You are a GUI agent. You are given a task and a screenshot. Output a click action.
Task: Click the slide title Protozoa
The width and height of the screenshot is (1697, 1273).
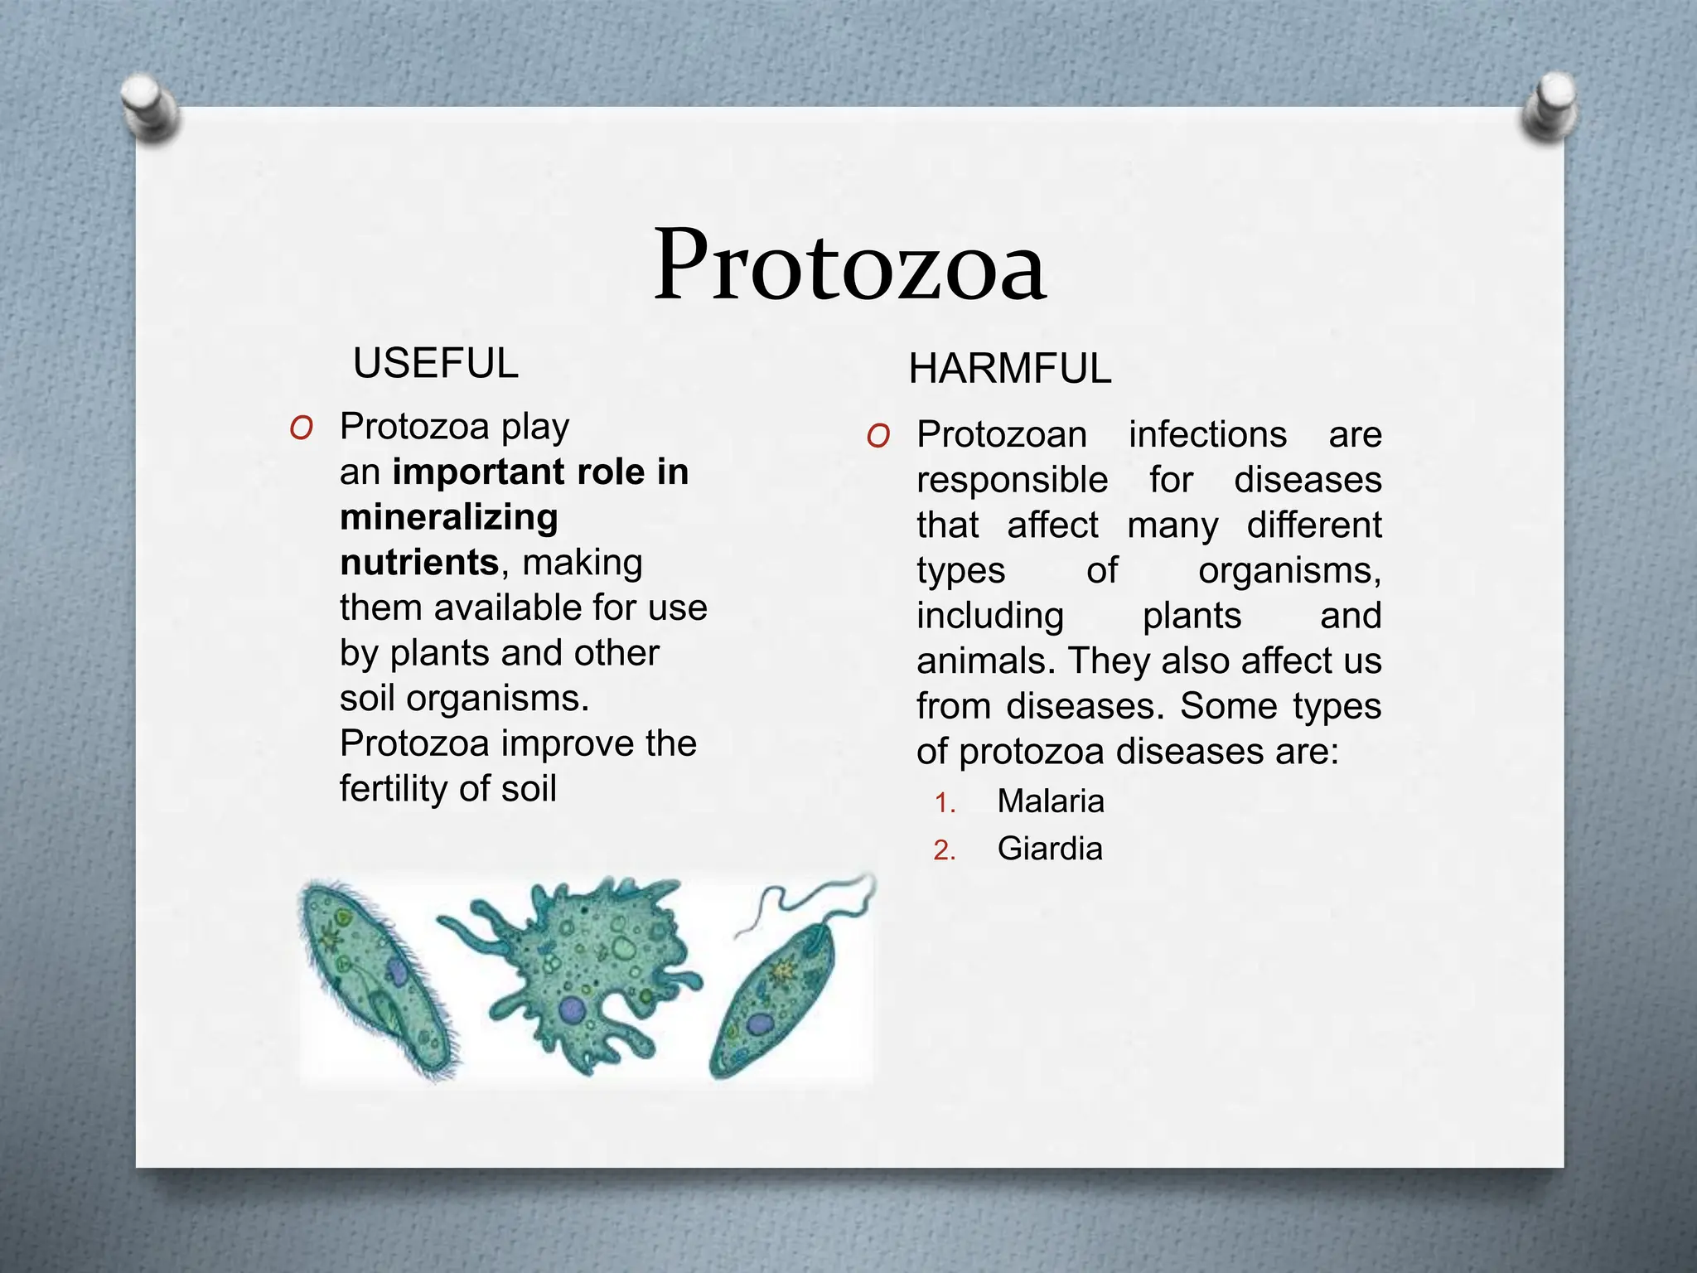coord(848,265)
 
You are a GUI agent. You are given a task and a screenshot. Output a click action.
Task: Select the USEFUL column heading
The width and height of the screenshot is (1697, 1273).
coord(436,364)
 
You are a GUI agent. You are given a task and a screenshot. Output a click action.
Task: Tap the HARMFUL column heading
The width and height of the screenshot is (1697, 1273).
coord(1009,369)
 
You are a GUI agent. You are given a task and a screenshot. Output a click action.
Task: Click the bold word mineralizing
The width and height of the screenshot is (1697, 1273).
coord(449,518)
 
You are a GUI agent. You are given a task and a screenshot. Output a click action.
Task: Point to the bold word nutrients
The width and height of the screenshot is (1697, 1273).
coord(419,563)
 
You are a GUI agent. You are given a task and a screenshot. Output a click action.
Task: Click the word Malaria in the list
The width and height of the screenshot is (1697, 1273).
coord(1050,801)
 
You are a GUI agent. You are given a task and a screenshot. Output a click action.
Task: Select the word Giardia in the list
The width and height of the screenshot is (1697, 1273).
coord(1049,849)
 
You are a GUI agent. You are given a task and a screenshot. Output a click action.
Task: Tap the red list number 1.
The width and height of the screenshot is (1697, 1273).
coord(944,803)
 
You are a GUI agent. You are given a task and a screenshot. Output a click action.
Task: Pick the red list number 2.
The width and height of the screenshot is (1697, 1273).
coord(944,851)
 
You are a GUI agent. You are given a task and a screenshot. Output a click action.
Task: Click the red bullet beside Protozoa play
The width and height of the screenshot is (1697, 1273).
coord(302,428)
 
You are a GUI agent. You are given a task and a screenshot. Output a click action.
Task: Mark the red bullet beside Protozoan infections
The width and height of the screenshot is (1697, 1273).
coord(878,436)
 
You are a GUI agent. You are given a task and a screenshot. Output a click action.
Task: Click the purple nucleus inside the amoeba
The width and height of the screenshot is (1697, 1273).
coord(572,1009)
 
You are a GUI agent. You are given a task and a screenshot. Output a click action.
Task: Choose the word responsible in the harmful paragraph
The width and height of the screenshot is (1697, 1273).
coord(1012,481)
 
